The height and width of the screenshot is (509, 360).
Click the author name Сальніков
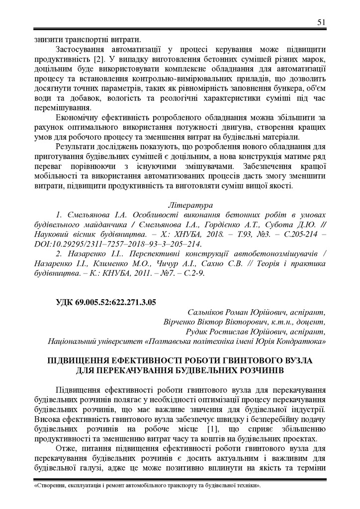(x=208, y=312)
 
